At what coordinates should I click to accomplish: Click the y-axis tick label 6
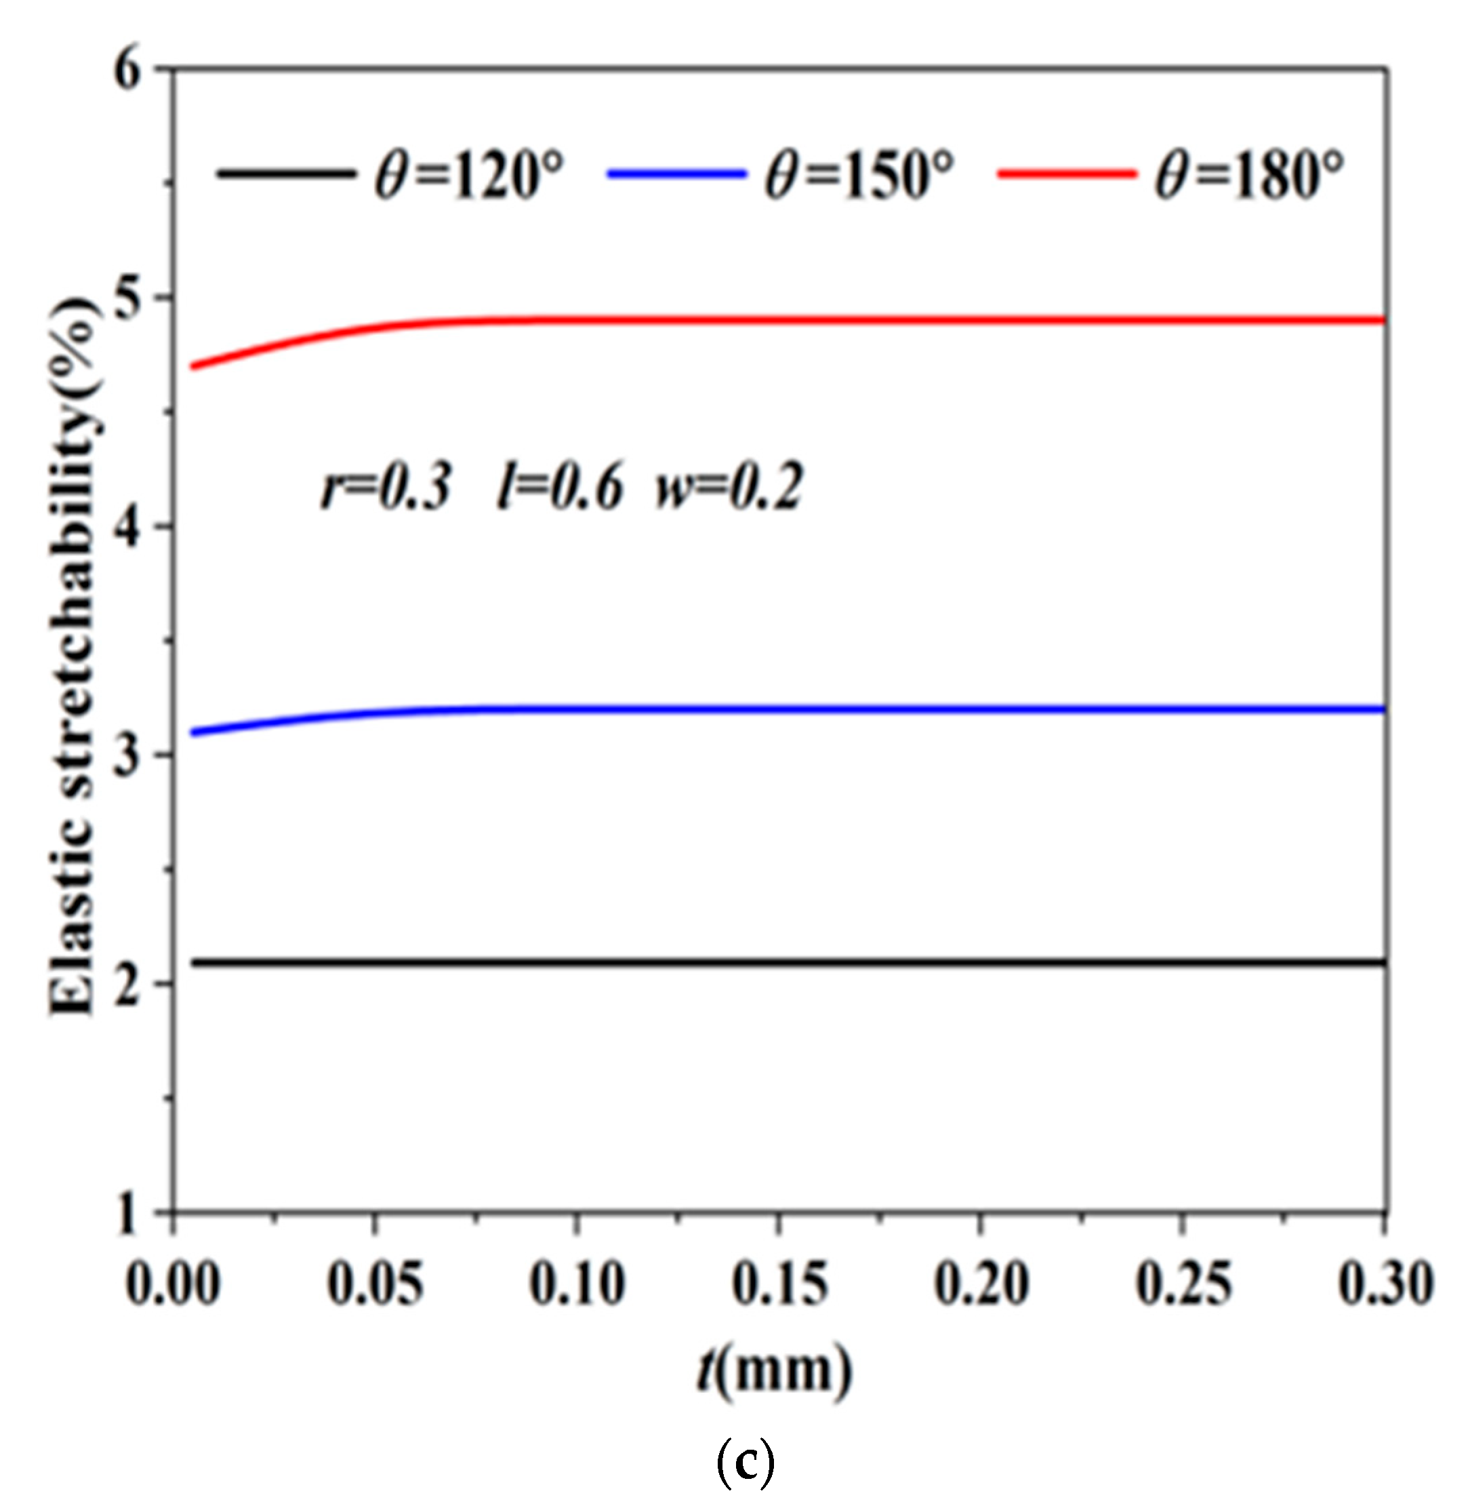[129, 71]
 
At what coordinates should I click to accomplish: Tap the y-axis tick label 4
[129, 528]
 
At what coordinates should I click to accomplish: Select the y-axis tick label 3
[129, 755]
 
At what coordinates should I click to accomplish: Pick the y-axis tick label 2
[129, 984]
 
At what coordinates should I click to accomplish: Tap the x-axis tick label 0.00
[173, 1284]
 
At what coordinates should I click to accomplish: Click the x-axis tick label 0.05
[375, 1284]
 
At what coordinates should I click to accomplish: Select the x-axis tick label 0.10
[577, 1284]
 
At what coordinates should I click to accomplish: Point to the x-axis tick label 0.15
[779, 1284]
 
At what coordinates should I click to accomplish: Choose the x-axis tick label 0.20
[981, 1284]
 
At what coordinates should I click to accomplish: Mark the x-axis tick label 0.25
[1183, 1284]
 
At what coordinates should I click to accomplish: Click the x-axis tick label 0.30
[1385, 1284]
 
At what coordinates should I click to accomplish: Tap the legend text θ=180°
[1250, 174]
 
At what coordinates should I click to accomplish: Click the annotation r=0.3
[386, 488]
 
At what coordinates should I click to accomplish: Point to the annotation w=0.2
[729, 488]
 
